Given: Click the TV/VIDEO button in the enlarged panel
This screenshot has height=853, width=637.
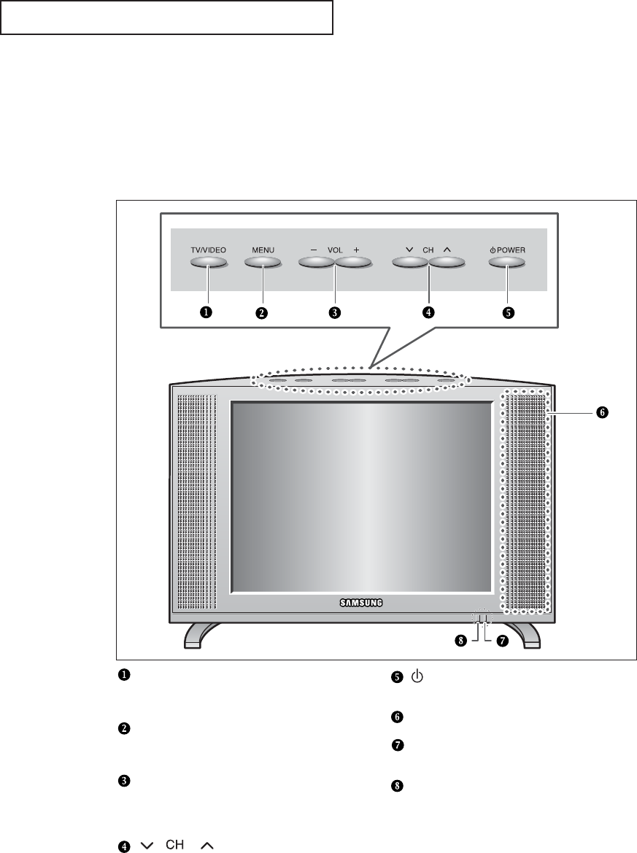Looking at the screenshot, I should pos(209,263).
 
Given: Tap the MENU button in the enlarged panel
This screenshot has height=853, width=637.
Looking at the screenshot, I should pos(263,263).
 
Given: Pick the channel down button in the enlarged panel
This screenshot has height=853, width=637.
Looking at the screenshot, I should pos(409,263).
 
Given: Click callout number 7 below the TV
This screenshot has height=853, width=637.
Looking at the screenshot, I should pos(501,642).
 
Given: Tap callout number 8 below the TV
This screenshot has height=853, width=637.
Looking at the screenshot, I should pos(461,642).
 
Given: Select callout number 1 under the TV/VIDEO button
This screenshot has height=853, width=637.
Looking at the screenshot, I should pos(207,312).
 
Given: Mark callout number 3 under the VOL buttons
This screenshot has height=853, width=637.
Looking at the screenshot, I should pos(335,312).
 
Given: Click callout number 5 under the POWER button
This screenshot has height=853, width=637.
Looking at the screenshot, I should pos(508,312).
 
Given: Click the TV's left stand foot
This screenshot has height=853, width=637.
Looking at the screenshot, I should pos(201,635).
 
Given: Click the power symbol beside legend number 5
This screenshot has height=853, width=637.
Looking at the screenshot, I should pos(416,676).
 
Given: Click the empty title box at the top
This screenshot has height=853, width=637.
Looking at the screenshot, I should pos(166,18).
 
